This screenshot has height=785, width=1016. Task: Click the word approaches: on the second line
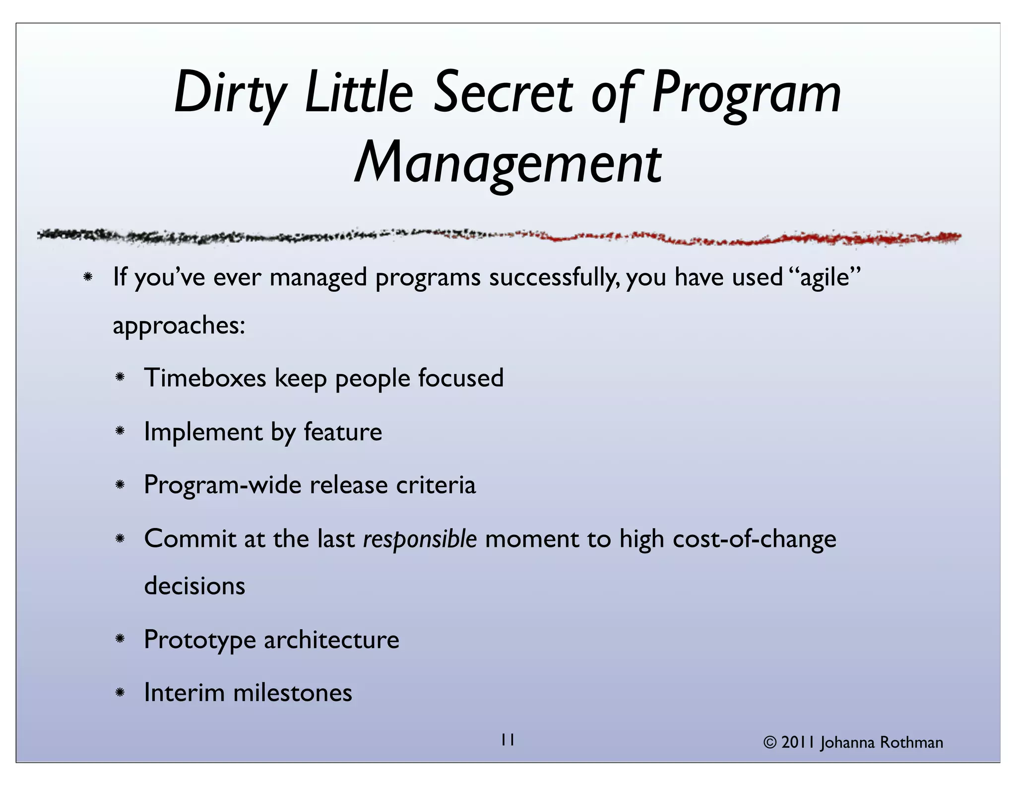coord(179,326)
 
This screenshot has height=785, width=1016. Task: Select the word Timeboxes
coord(205,378)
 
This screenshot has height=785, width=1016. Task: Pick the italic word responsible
coord(420,539)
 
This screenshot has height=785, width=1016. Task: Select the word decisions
coord(194,586)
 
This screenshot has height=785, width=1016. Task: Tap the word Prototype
coord(199,640)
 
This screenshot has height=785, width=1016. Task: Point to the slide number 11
coord(507,740)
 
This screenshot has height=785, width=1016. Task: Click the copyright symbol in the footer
coord(769,743)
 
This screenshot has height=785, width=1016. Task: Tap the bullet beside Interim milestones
coord(120,693)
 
